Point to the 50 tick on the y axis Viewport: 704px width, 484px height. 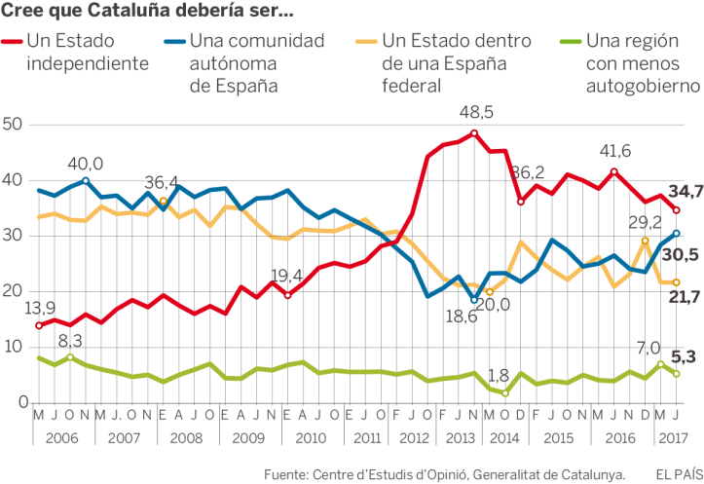pos(13,125)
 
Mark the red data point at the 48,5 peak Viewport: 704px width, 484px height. pos(474,133)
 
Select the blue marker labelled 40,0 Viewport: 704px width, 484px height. pos(86,180)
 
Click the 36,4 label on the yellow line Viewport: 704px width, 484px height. pos(163,181)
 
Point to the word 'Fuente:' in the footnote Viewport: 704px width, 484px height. pos(289,474)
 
